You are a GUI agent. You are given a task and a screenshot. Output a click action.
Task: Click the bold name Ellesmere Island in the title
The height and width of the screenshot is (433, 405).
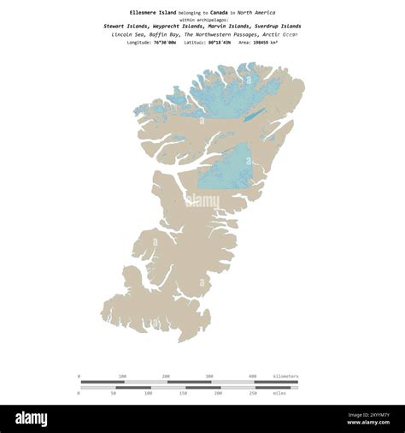(x=153, y=13)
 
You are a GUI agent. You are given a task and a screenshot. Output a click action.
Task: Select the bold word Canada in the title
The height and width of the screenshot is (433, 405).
(x=219, y=13)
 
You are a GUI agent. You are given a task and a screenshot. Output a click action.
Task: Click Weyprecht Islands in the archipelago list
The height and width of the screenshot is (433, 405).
(x=179, y=27)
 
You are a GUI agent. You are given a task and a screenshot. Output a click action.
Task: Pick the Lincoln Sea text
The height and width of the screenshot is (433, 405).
(x=129, y=34)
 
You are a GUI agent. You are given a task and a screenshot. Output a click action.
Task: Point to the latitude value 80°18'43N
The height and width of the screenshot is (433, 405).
(x=218, y=42)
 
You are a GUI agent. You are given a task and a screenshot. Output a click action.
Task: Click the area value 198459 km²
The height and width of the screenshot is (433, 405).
(x=274, y=42)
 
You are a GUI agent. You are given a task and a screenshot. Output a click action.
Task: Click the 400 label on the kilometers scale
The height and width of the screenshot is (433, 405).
(x=252, y=377)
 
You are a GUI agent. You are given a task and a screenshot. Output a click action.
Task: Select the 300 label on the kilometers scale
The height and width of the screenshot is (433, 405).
(x=208, y=377)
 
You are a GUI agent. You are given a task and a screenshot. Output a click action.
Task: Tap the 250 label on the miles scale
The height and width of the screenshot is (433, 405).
(x=252, y=394)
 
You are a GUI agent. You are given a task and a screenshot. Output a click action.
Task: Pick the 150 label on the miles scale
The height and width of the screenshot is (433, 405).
(x=183, y=394)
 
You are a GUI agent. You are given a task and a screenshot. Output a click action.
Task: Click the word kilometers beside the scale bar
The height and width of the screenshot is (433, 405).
(x=285, y=377)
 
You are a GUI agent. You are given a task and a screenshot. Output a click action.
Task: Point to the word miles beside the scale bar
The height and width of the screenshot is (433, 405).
(x=279, y=394)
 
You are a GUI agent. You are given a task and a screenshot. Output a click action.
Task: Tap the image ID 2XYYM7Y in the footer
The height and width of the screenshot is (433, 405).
(x=375, y=417)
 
